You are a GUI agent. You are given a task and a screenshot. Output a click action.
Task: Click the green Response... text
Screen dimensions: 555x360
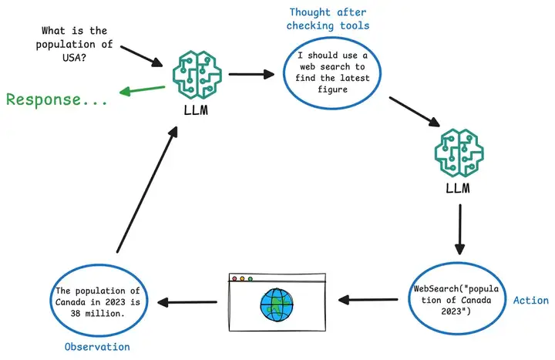[56, 99]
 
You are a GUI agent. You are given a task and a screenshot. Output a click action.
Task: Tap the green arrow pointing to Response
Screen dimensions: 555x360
[143, 90]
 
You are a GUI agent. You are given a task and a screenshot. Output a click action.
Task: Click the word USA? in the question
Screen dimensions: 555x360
[74, 57]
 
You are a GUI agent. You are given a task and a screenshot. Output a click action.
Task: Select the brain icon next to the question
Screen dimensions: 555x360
[197, 75]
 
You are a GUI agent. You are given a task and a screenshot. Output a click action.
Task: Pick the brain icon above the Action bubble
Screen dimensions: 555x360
[459, 153]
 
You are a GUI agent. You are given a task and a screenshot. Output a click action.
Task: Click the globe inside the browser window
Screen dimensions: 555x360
[277, 304]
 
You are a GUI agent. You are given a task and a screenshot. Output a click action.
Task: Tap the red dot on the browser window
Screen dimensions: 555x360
[234, 279]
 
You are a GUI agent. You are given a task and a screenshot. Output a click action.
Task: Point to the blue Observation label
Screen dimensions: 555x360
[97, 347]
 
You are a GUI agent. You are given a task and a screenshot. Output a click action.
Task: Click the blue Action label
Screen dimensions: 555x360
[531, 301]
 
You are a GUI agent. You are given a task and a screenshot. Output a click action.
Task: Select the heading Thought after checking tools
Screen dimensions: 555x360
[328, 19]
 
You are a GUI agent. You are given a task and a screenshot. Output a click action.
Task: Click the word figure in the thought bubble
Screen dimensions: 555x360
[332, 89]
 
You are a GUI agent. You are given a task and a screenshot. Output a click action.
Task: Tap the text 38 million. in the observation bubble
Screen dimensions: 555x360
[97, 314]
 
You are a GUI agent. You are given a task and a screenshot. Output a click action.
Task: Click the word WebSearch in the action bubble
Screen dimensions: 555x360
[436, 289]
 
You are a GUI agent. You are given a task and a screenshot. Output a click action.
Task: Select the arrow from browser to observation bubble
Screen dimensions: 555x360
[187, 302]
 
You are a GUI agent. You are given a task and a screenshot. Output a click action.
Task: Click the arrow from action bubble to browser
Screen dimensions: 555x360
[368, 300]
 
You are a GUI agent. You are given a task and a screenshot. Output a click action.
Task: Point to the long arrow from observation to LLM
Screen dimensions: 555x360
[146, 190]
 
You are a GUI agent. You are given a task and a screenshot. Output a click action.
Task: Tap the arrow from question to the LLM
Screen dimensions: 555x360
[141, 56]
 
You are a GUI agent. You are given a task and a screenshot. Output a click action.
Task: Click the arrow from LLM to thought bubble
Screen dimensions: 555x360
[251, 74]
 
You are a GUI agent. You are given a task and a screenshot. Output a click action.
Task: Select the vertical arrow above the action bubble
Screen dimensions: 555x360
[459, 230]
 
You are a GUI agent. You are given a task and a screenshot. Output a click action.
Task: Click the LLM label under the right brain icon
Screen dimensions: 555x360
[458, 188]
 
